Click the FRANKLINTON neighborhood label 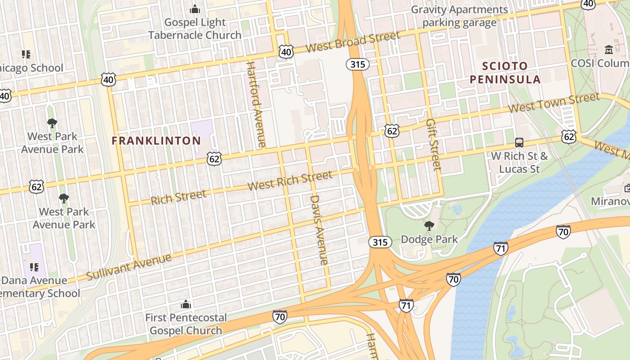coord(156,141)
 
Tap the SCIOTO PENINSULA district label coord(505,73)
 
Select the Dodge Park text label coord(429,239)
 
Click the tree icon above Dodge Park coord(429,226)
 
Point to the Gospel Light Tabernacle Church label coord(195,29)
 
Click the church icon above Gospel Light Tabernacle coord(195,9)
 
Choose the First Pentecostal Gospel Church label coord(186,324)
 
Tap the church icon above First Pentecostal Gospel coord(186,305)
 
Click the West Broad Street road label coord(352,42)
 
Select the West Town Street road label coord(554,103)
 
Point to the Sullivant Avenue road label coord(129,267)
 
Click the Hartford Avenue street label coord(256,104)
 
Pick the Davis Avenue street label coord(319,229)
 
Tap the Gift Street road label coord(434,145)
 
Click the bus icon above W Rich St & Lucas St coord(519,143)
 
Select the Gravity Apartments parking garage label coord(459,16)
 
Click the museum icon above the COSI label coord(609,49)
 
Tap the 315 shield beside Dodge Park coord(380,243)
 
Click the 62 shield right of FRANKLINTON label coord(215,158)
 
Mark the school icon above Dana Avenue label coord(34,267)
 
